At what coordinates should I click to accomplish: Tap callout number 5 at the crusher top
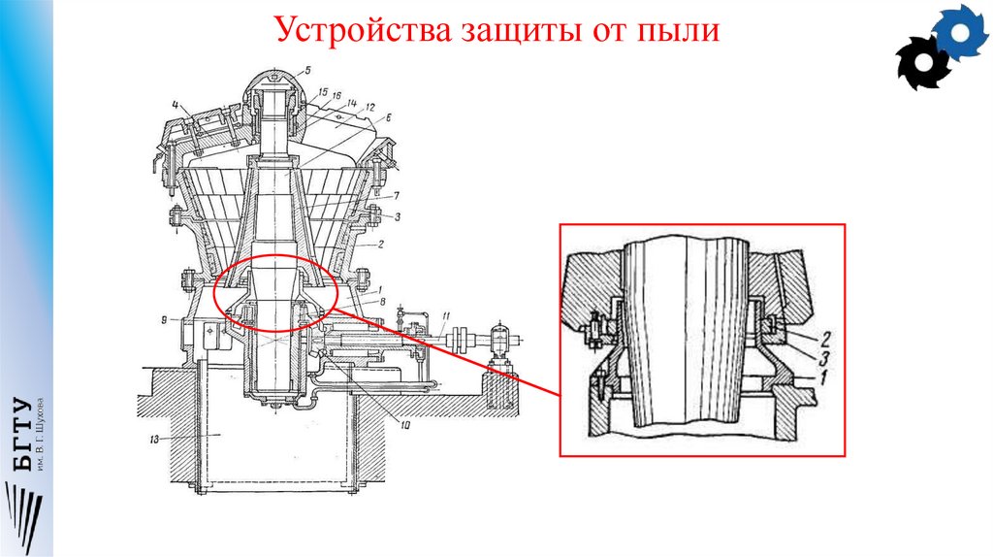coord(306,70)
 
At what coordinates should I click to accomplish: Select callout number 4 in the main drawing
coord(176,104)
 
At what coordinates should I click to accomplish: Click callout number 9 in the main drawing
coord(166,318)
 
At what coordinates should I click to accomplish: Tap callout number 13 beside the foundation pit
coord(153,439)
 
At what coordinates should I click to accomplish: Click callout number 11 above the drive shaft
coord(445,317)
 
